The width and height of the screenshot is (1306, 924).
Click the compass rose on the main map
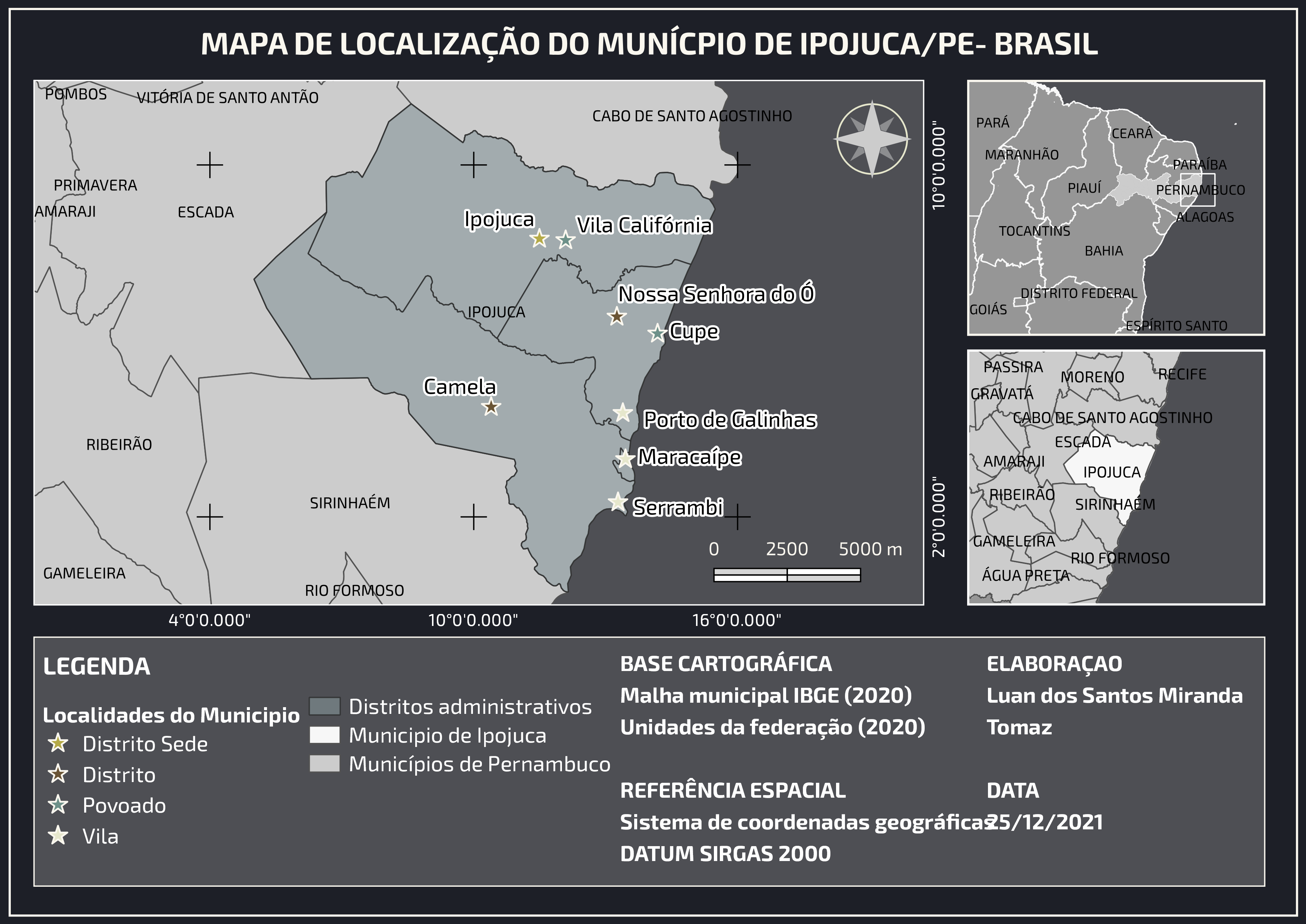(872, 139)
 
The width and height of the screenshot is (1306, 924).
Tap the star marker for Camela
(491, 407)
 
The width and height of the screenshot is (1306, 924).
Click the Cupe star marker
(658, 333)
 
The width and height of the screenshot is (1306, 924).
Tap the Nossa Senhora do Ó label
(716, 294)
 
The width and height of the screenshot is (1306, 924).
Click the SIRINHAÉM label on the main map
(350, 503)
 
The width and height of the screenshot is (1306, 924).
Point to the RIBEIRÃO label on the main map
(119, 444)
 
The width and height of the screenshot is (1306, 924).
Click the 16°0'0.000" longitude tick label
(737, 620)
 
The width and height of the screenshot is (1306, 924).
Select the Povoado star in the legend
(58, 805)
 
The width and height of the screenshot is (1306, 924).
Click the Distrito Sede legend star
(58, 744)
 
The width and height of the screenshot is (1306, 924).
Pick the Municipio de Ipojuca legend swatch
(324, 735)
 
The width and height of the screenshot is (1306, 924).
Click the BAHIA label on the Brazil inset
(1103, 251)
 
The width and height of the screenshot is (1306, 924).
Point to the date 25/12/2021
(1045, 822)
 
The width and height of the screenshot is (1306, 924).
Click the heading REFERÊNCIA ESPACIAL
(733, 790)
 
